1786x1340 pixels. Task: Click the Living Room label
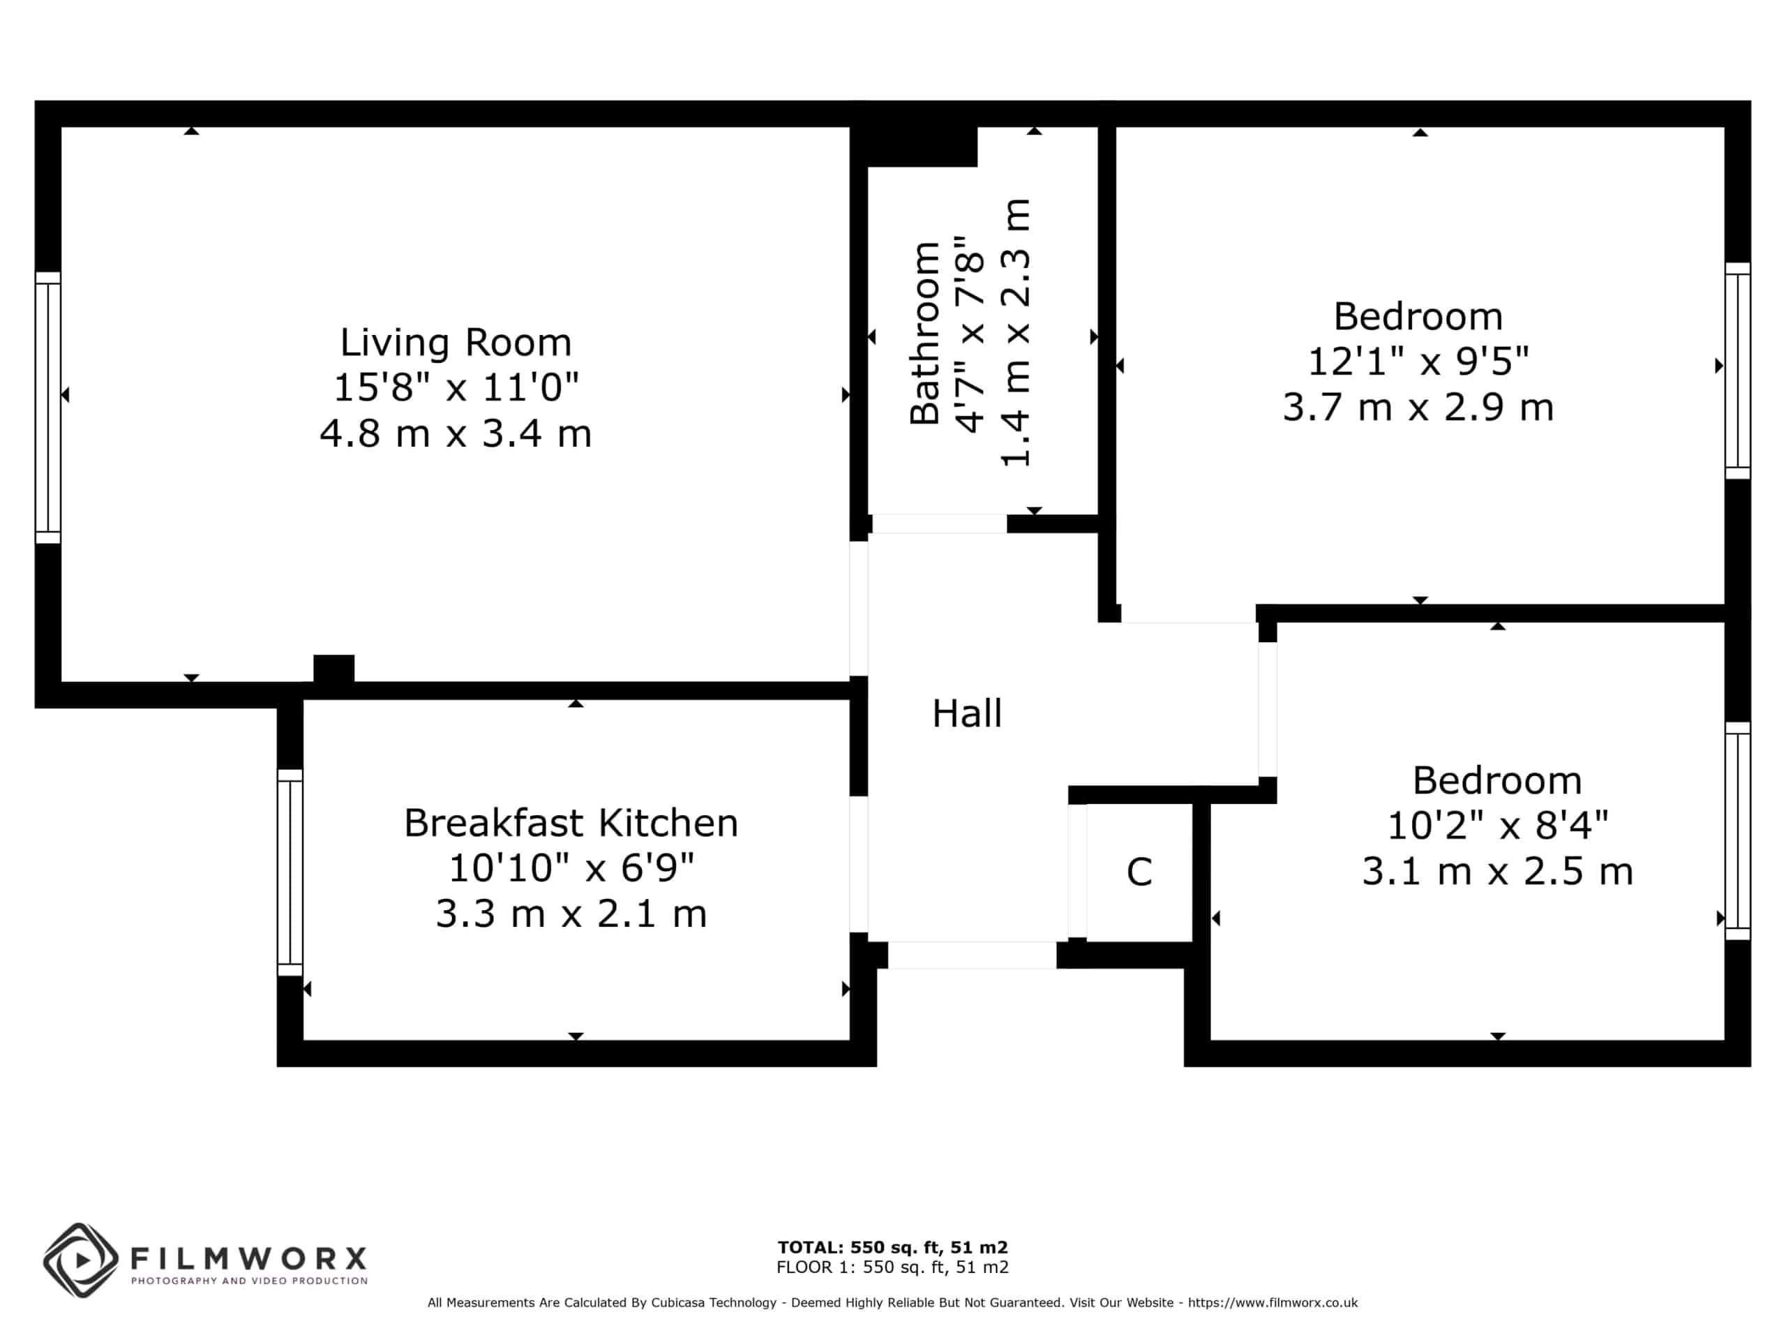click(x=456, y=343)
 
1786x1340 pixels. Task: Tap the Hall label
click(x=966, y=714)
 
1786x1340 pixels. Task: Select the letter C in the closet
click(x=1139, y=872)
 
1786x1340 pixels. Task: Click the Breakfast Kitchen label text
click(x=571, y=823)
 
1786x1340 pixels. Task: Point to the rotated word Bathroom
click(x=925, y=333)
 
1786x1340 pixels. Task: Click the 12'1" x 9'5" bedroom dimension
click(x=1418, y=361)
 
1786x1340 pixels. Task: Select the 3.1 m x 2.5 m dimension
click(x=1497, y=872)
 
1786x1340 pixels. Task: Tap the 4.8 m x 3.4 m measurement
click(x=456, y=433)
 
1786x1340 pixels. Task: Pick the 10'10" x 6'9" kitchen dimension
click(x=571, y=868)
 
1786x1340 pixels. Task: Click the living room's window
click(x=47, y=408)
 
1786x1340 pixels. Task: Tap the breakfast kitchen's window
click(x=290, y=872)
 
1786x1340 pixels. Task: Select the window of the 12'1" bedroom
click(x=1738, y=371)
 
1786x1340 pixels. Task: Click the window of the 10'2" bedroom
click(x=1738, y=831)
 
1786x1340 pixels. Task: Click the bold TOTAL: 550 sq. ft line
click(x=893, y=1248)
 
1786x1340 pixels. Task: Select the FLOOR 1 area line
click(x=893, y=1267)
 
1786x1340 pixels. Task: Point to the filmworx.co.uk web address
click(x=1273, y=1303)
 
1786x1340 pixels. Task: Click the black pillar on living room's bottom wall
click(x=333, y=668)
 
